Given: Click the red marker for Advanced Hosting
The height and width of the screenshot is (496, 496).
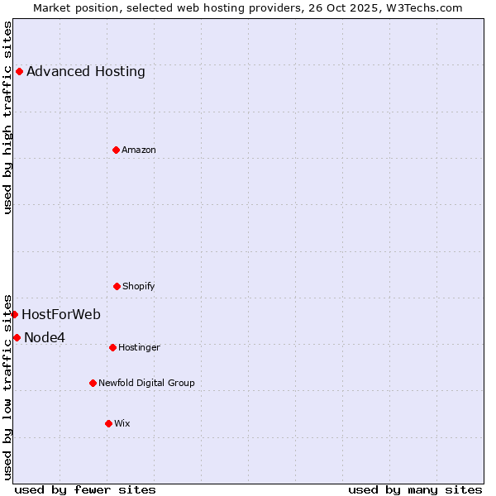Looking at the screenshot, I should tap(19, 71).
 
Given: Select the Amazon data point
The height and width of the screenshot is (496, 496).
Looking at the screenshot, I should tap(116, 150).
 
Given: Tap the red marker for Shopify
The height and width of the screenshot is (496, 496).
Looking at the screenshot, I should tap(117, 286).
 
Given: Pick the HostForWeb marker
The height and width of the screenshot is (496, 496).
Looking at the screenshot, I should tap(14, 314).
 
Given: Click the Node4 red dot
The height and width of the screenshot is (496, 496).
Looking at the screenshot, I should tap(17, 337).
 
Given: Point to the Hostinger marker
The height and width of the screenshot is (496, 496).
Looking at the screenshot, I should tap(112, 347).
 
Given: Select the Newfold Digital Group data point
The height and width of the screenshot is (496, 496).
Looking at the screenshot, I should tap(93, 383).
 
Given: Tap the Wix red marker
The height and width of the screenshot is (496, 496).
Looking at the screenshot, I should tap(108, 423).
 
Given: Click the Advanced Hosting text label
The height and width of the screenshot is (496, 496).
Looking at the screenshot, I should tap(86, 71).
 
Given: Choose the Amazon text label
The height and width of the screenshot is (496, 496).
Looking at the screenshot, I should tap(139, 150).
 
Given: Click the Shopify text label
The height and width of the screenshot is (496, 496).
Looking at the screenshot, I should tap(139, 286).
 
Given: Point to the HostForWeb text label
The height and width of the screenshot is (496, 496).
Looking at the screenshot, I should tap(61, 314).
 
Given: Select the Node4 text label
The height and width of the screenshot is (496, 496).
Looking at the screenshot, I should tap(45, 337).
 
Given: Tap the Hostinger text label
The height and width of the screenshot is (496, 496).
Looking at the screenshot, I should tap(139, 347).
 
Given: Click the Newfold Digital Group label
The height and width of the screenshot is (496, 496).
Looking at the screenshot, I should tap(146, 383).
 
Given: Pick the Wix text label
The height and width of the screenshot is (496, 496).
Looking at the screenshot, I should tap(122, 423).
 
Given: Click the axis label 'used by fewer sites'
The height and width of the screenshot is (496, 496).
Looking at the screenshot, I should tap(85, 489).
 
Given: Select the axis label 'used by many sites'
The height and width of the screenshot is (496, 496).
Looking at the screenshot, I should tap(415, 489).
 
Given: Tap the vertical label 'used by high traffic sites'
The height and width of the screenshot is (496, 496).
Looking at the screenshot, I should tap(8, 117).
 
